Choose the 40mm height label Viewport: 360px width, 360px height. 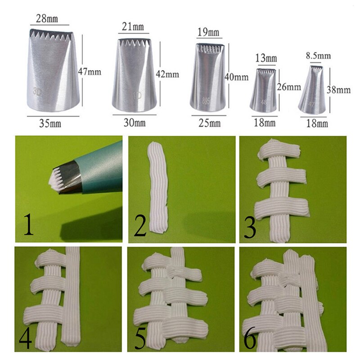coord(237,77)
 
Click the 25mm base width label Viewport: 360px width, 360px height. coord(208,122)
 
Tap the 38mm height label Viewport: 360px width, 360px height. coord(340,90)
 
